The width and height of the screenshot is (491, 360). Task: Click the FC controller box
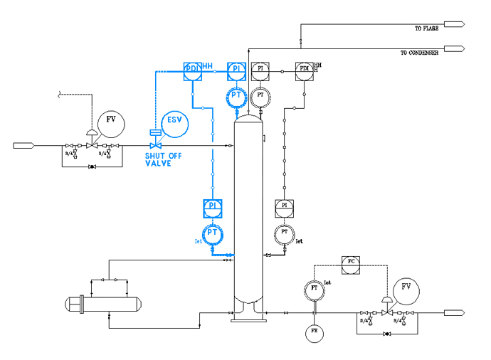pos(351,262)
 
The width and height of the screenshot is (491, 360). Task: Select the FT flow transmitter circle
pos(313,289)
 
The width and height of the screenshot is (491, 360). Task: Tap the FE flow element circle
pos(313,332)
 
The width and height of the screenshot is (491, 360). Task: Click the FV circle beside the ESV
pos(110,122)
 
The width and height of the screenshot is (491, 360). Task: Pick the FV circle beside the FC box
pos(406,287)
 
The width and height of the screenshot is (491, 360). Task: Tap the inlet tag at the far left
pos(24,146)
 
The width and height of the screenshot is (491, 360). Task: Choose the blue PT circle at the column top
pos(236,95)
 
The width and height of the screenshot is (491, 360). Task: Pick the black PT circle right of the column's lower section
pos(285,232)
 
